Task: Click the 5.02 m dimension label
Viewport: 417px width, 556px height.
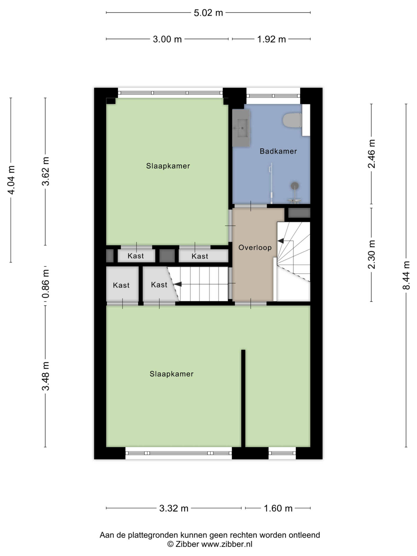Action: (208, 13)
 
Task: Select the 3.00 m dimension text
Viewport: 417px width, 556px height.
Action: (167, 40)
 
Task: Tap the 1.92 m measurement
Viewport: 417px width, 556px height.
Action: (271, 40)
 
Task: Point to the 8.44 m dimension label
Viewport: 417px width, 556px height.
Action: (406, 275)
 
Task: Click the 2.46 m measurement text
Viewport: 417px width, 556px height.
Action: (372, 154)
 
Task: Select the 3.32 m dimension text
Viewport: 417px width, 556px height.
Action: (174, 508)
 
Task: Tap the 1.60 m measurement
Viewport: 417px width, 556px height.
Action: (278, 508)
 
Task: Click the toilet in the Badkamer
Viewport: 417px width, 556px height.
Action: (292, 120)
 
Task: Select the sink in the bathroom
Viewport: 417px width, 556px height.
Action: (241, 128)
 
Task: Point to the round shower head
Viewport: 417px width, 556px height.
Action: (295, 186)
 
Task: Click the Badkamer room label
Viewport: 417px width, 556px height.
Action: (278, 151)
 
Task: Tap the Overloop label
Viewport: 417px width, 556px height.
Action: (255, 248)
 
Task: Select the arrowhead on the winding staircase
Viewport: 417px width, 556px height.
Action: (281, 241)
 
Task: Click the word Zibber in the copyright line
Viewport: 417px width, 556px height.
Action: (187, 544)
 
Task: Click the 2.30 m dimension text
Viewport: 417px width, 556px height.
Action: (372, 254)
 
